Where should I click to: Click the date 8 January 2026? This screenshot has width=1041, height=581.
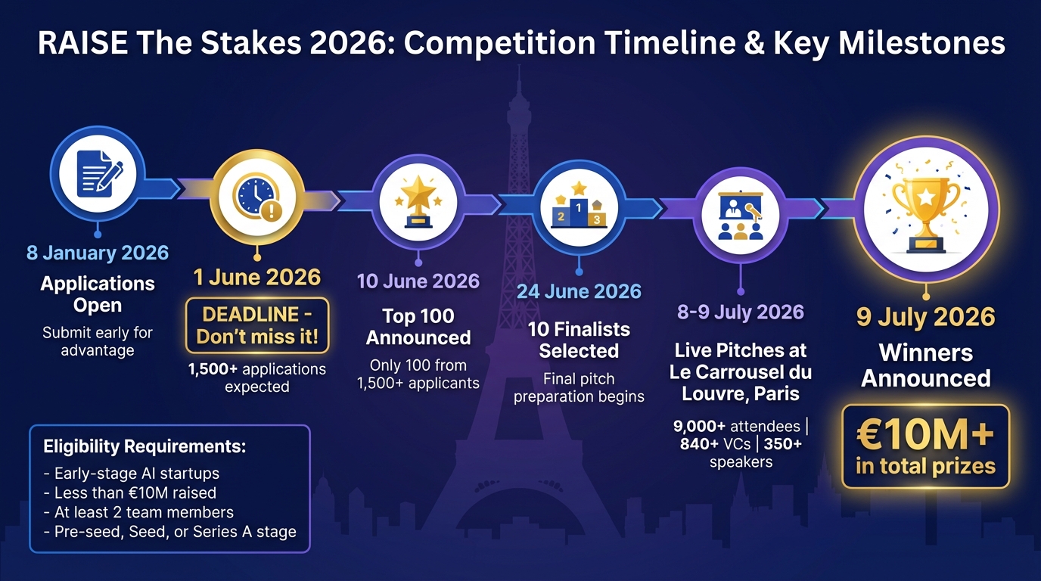[x=98, y=253]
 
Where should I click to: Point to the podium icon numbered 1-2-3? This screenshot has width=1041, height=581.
[x=579, y=206]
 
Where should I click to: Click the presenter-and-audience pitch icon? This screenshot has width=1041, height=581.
[x=741, y=216]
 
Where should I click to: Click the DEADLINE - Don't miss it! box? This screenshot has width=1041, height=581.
[x=257, y=325]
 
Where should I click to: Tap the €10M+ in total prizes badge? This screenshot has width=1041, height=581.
[x=926, y=446]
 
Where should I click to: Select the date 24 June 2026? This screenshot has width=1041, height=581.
[x=579, y=291]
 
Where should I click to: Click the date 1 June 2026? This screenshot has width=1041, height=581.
[x=257, y=277]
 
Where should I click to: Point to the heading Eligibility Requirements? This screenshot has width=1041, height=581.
[x=144, y=446]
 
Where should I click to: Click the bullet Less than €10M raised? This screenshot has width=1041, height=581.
[x=135, y=493]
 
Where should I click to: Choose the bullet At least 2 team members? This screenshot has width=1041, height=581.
[x=144, y=512]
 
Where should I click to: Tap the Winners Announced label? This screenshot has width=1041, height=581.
[x=926, y=365]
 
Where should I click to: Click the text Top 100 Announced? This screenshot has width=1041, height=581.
[x=418, y=327]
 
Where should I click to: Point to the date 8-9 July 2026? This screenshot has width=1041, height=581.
[x=741, y=312]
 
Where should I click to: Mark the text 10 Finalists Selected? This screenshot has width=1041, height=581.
[x=579, y=340]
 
